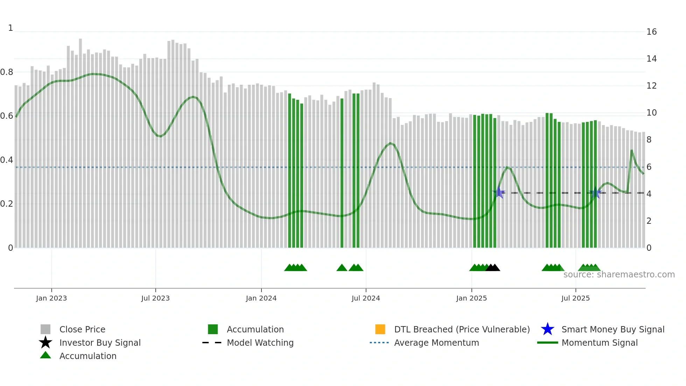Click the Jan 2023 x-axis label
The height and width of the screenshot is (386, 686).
(x=51, y=298)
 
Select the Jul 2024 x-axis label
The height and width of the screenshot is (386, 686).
(x=366, y=298)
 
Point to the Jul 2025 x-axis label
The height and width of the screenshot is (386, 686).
(x=575, y=298)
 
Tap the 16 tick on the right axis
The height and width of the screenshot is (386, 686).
(x=651, y=32)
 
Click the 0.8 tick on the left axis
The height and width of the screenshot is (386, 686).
(x=7, y=72)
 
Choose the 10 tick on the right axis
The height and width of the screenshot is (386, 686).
(x=651, y=113)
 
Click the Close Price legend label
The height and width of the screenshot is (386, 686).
(x=82, y=329)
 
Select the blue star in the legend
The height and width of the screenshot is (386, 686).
(x=547, y=329)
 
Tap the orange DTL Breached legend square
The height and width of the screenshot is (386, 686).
(x=380, y=329)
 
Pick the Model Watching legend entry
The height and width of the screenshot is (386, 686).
(x=260, y=343)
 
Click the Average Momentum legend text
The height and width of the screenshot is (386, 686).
(x=436, y=343)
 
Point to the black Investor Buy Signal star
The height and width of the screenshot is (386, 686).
(x=45, y=343)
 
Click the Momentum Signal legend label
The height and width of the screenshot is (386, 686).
(x=600, y=343)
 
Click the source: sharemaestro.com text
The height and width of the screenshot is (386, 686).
(x=619, y=275)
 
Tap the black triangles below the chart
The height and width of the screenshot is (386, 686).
(x=493, y=268)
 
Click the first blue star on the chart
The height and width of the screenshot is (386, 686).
(x=499, y=193)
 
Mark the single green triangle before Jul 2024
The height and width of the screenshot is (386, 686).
(x=342, y=268)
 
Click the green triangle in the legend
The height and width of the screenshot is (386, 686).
(x=45, y=355)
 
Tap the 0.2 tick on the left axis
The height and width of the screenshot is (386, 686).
(x=7, y=204)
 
